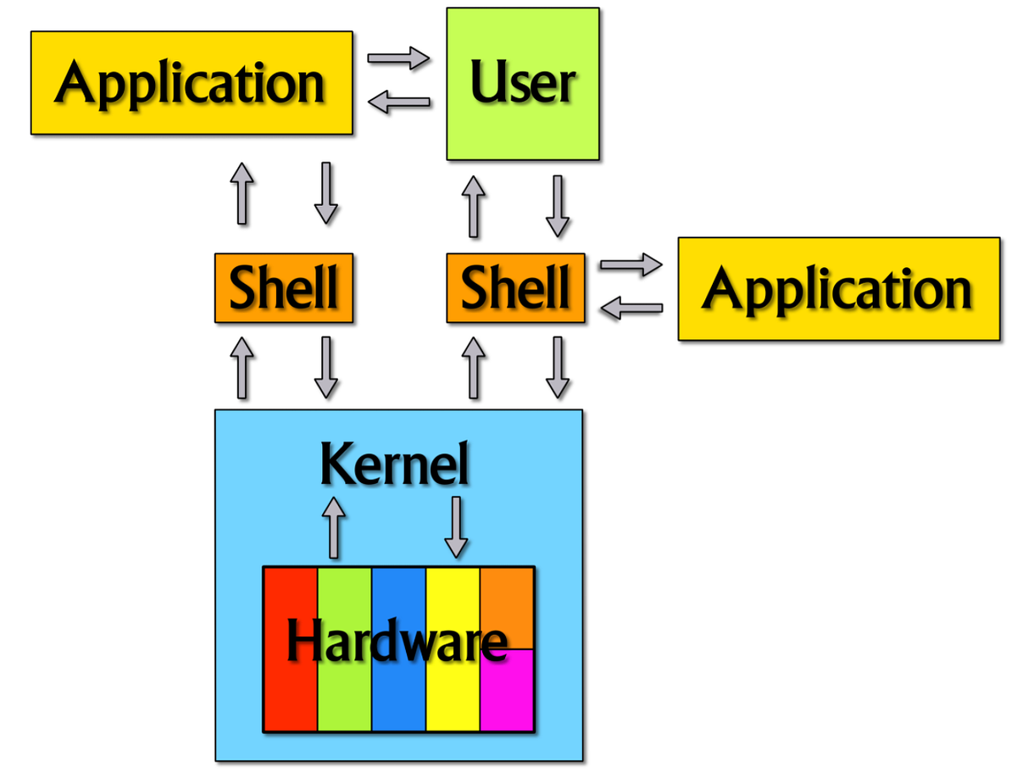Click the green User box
[522, 84]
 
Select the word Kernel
[394, 464]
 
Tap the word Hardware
[397, 640]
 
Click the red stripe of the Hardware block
[291, 649]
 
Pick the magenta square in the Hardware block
[507, 690]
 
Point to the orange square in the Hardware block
[507, 609]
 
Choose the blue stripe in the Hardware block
[398, 649]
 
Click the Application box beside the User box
[192, 83]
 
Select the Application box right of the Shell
[839, 289]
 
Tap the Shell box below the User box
[515, 287]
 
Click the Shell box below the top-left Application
[284, 287]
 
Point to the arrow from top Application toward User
[398, 58]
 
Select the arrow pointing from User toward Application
[398, 102]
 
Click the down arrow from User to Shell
[558, 206]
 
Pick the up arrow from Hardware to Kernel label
[334, 527]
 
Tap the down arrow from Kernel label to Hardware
[456, 527]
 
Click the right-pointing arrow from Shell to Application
[631, 264]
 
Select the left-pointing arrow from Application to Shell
[631, 308]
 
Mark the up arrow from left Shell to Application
[242, 193]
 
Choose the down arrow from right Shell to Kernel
[558, 367]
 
